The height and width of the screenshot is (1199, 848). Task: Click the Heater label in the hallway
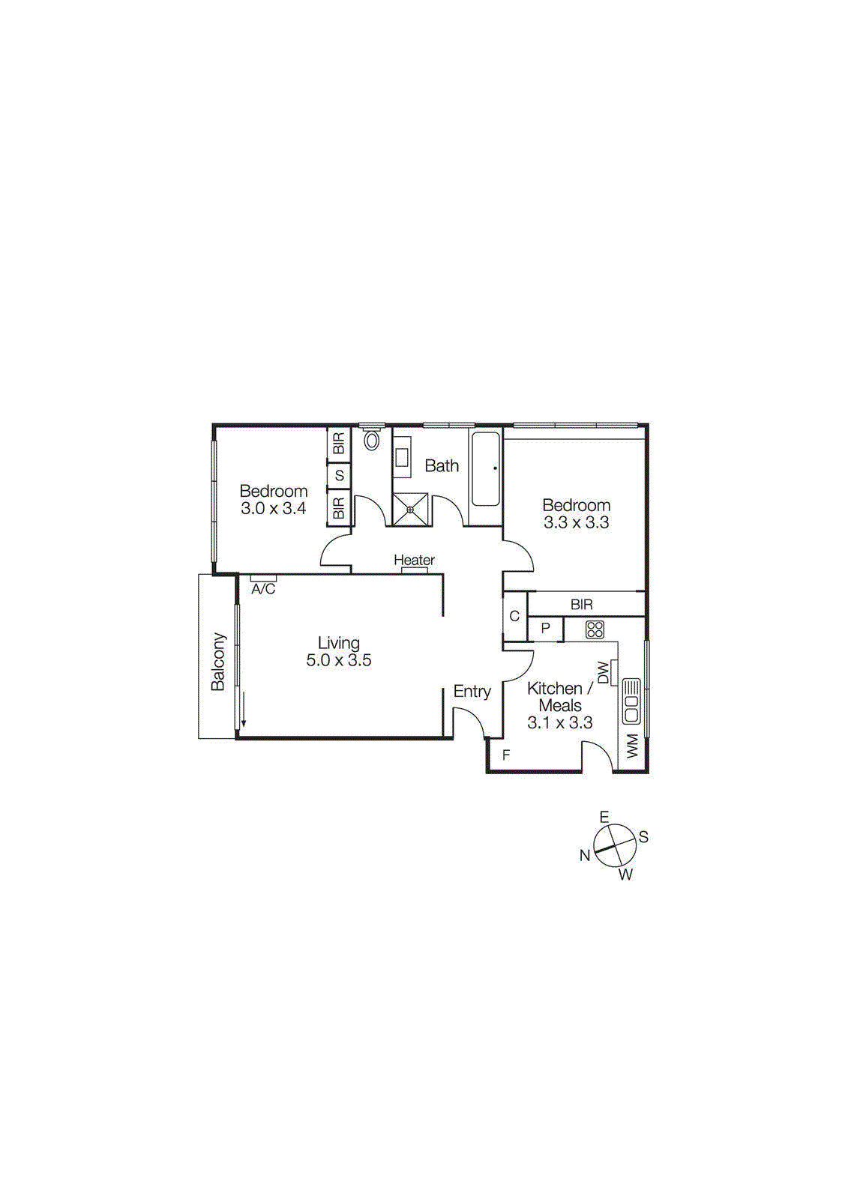pos(414,560)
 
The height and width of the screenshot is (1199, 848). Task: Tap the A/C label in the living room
pos(263,589)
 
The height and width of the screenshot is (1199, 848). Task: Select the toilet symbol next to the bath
pos(372,441)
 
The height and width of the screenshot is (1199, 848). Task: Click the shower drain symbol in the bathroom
pos(410,510)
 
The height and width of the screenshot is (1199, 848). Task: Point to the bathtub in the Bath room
pos(485,468)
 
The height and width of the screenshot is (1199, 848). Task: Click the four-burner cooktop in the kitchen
pos(595,629)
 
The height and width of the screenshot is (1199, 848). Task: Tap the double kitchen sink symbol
pos(631,700)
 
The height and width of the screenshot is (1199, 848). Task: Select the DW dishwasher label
pos(604,671)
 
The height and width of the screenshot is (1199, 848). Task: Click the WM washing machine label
pos(632,746)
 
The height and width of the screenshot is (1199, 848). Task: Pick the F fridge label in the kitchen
pos(506,755)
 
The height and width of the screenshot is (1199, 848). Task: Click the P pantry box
pos(546,629)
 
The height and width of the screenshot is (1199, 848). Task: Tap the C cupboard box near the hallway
pos(514,617)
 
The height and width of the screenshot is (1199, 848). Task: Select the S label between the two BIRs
pos(340,475)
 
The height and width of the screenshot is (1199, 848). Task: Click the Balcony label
pos(217,662)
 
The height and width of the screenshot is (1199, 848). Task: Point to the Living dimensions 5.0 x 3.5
pos(339,660)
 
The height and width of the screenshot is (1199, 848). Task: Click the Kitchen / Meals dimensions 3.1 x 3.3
pos(560,722)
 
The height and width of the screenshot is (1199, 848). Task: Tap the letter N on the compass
pos(585,855)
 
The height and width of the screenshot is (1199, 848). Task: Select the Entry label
pos(472,691)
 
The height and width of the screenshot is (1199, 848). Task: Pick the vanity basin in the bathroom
pos(403,458)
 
